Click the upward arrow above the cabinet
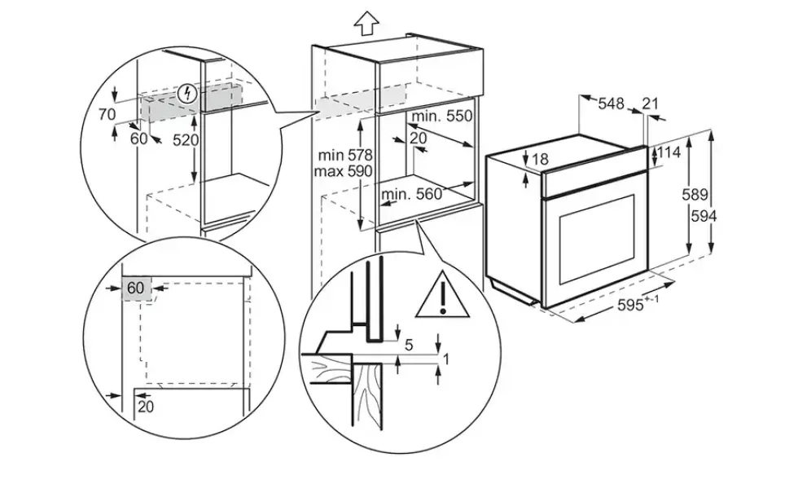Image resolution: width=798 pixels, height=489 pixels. [x=366, y=24]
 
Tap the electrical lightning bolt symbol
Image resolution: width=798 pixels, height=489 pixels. [x=189, y=93]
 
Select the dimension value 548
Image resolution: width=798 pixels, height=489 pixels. [x=611, y=104]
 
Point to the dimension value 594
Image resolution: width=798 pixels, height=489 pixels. [x=704, y=217]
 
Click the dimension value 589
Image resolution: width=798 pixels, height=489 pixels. [x=695, y=194]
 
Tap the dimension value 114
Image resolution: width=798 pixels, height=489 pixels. [x=669, y=152]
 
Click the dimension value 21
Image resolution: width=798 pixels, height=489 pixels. [x=650, y=104]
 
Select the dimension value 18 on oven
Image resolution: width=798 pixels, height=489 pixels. [x=540, y=160]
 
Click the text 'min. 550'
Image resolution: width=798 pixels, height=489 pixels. [x=441, y=116]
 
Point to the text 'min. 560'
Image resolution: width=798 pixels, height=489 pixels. [x=412, y=194]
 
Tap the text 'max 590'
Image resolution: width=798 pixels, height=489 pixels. [x=343, y=170]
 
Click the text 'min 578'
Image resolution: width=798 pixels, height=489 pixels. [x=345, y=154]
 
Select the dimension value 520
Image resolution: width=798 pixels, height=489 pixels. [x=186, y=139]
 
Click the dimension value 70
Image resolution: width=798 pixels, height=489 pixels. [x=107, y=114]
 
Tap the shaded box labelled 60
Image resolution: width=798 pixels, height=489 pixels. [x=136, y=289]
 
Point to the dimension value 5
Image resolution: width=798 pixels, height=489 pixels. [x=409, y=346]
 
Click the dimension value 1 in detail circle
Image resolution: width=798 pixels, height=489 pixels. [x=446, y=359]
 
